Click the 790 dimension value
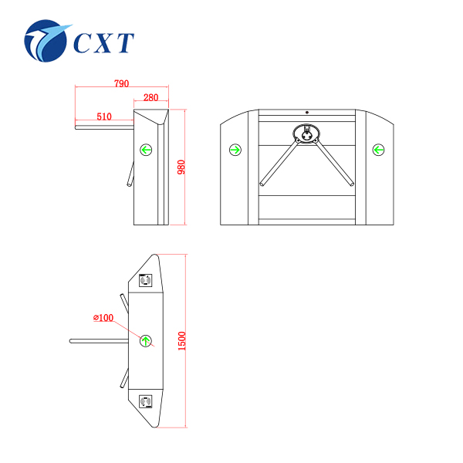(x=122, y=83)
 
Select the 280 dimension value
(x=151, y=97)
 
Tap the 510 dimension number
(x=104, y=117)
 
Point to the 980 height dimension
(x=181, y=167)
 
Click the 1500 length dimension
(x=182, y=341)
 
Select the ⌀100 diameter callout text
(x=103, y=318)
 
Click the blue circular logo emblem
(x=46, y=41)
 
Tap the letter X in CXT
(x=103, y=43)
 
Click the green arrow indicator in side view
(x=146, y=150)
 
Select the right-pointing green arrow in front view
(x=235, y=150)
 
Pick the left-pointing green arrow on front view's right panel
(x=378, y=150)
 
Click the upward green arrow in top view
(x=146, y=341)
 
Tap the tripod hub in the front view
(x=307, y=133)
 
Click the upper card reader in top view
(x=146, y=280)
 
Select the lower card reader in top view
(x=146, y=401)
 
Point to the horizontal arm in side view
(x=104, y=127)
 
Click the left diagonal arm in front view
(x=279, y=164)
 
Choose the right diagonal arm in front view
(x=334, y=164)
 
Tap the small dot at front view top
(x=307, y=113)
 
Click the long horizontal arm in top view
(x=99, y=341)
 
